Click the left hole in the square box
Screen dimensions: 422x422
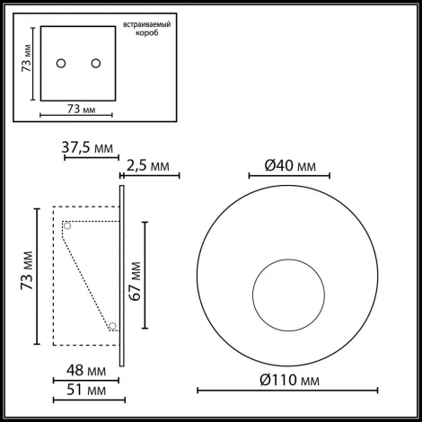[x=61, y=63]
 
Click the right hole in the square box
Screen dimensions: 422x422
[x=93, y=63]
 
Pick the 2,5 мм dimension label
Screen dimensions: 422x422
[x=148, y=166]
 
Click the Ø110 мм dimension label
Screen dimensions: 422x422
[x=289, y=377]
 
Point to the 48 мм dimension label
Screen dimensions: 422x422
[x=87, y=369]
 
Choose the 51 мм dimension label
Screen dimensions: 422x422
[x=87, y=391]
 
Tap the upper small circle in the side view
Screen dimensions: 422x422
[x=66, y=226]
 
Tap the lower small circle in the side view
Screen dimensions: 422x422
[x=113, y=327]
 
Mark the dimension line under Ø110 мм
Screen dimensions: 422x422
[x=286, y=391]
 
